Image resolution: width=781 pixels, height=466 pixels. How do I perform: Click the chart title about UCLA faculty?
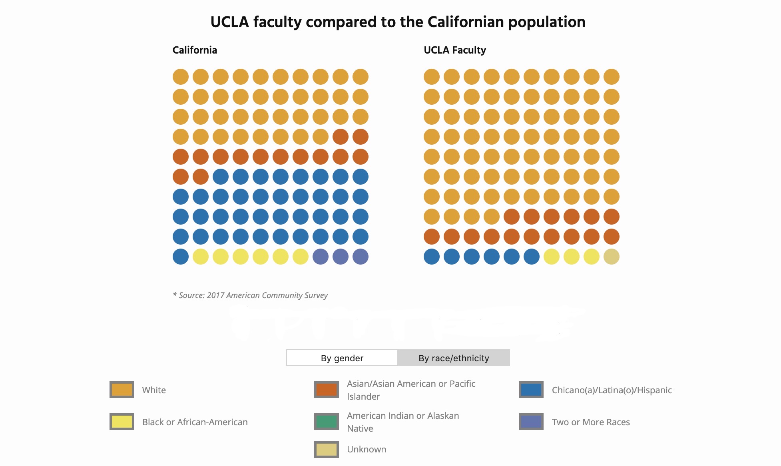[398, 22]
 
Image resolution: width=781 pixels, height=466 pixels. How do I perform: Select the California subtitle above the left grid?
[195, 50]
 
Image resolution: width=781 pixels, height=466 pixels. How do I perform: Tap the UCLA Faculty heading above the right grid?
[454, 50]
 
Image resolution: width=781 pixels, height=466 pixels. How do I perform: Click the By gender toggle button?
[342, 358]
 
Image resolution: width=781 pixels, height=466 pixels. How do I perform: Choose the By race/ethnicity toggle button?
[454, 358]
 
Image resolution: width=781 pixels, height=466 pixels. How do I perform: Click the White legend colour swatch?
[122, 390]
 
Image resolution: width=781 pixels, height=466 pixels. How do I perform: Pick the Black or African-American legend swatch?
[122, 422]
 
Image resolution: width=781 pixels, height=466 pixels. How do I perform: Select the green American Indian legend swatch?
[327, 422]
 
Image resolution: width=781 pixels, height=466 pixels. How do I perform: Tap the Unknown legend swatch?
[327, 449]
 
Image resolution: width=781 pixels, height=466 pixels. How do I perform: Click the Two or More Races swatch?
[531, 422]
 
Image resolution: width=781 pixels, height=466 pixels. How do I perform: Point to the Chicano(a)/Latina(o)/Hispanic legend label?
[612, 390]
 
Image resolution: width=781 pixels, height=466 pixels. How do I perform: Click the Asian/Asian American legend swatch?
[327, 390]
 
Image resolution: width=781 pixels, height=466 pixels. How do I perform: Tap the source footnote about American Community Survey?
[250, 295]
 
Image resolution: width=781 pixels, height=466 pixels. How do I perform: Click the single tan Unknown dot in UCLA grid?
[612, 257]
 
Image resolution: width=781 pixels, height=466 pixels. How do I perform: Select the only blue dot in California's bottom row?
[181, 257]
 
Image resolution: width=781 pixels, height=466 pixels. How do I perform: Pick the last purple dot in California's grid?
[361, 257]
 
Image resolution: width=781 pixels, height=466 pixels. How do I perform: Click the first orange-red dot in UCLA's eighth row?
[512, 217]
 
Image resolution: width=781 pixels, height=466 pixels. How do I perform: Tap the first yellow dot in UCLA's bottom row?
[552, 257]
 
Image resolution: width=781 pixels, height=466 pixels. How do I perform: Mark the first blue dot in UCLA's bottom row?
[432, 257]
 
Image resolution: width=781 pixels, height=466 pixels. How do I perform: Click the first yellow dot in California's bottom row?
[201, 257]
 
